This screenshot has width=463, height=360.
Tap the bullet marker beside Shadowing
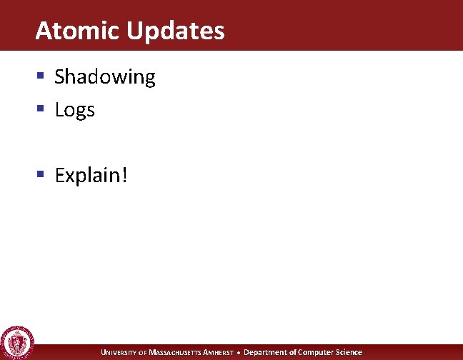pyautogui.click(x=42, y=76)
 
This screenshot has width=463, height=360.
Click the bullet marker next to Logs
pyautogui.click(x=42, y=109)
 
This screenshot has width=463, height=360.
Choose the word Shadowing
pyautogui.click(x=105, y=77)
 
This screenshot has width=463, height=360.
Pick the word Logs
pyautogui.click(x=74, y=111)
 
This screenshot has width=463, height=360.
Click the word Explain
pyautogui.click(x=88, y=176)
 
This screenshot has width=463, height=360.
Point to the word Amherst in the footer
pyautogui.click(x=218, y=352)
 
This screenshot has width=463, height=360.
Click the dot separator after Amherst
pyautogui.click(x=239, y=352)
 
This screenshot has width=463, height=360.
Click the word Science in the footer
pyautogui.click(x=349, y=352)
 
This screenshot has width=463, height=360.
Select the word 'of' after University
pyautogui.click(x=142, y=352)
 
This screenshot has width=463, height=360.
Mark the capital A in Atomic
pyautogui.click(x=42, y=31)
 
